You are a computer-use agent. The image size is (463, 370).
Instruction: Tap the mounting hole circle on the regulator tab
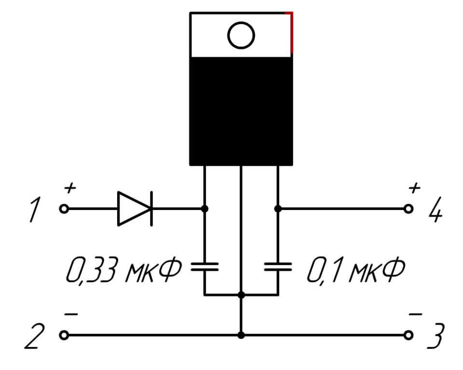click(241, 36)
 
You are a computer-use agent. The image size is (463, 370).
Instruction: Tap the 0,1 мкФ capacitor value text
click(355, 273)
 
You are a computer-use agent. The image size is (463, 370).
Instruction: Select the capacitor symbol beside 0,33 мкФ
click(204, 267)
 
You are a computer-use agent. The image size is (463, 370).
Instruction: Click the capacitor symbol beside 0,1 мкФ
click(278, 267)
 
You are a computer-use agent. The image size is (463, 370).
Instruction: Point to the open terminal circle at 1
click(64, 209)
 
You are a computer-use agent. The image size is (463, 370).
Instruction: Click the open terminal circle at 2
click(64, 335)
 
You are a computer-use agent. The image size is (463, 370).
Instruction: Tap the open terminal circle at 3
click(409, 335)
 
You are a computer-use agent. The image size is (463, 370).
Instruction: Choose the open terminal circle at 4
click(409, 209)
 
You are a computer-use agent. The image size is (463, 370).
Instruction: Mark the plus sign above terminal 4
click(414, 187)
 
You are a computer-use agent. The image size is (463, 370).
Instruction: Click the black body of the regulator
click(241, 111)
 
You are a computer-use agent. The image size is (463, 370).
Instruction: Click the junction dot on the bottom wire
click(241, 335)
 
